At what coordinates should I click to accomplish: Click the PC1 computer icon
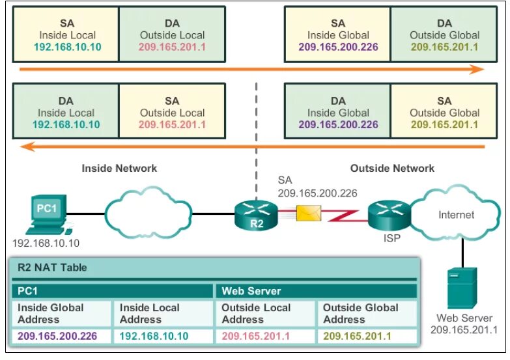pyautogui.click(x=49, y=215)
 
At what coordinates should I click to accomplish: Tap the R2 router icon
pyautogui.click(x=256, y=215)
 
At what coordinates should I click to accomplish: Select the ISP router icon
pyautogui.click(x=390, y=215)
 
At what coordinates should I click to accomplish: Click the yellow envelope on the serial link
pyautogui.click(x=309, y=214)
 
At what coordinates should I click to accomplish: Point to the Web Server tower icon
pyautogui.click(x=462, y=288)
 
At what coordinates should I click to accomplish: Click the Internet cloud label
pyautogui.click(x=456, y=215)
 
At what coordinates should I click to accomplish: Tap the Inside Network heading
pyautogui.click(x=119, y=168)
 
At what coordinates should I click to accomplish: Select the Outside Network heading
pyautogui.click(x=392, y=168)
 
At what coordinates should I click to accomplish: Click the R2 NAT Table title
pyautogui.click(x=52, y=268)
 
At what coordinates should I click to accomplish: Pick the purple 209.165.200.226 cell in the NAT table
pyautogui.click(x=57, y=336)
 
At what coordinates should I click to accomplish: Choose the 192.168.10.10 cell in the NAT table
pyautogui.click(x=154, y=336)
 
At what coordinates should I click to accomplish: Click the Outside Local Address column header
pyautogui.click(x=256, y=314)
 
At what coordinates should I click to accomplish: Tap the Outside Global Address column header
pyautogui.click(x=360, y=314)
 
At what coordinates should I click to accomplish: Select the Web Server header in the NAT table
pyautogui.click(x=251, y=291)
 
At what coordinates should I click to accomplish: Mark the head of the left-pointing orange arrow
pyautogui.click(x=27, y=146)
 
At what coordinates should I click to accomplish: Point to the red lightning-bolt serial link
pyautogui.click(x=344, y=216)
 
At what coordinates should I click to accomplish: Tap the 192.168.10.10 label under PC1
pyautogui.click(x=46, y=243)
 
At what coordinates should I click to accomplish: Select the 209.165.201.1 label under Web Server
pyautogui.click(x=464, y=330)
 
